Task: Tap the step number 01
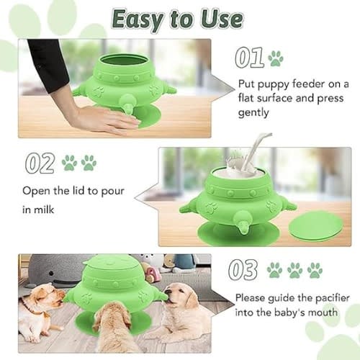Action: tap(249, 57)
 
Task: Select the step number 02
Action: tap(40, 163)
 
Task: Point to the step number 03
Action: tap(243, 270)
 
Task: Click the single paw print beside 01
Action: tap(276, 58)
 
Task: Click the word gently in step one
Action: tap(253, 112)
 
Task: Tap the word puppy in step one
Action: tap(273, 85)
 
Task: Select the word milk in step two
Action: tap(44, 210)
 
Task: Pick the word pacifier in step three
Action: tap(333, 298)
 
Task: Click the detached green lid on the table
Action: tap(316, 226)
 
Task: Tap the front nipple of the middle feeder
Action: tap(243, 222)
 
